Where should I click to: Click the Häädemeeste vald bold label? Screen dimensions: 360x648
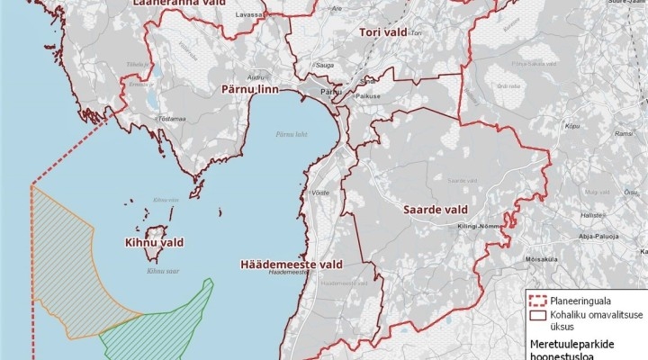click(292, 265)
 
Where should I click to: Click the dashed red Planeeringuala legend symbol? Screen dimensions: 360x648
click(538, 303)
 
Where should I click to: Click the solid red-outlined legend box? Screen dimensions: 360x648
click(538, 316)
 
